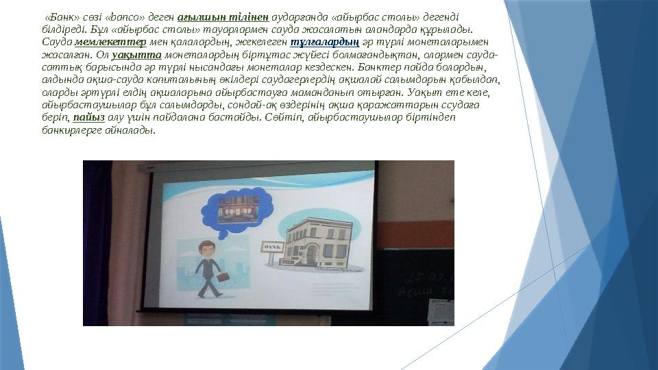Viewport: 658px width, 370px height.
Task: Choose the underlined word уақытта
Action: pos(146,53)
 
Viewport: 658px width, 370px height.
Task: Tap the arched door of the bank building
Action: pos(312,255)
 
